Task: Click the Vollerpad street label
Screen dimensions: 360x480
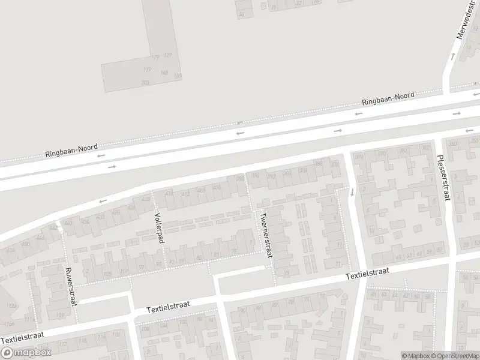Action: [x=160, y=226]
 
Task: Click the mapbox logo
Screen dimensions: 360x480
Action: [x=27, y=353]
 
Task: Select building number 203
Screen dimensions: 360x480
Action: [x=145, y=82]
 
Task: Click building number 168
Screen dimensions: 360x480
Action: [x=164, y=73]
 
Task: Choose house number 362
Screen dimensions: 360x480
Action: [x=425, y=147]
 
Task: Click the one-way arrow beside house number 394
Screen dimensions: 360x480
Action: [x=352, y=192]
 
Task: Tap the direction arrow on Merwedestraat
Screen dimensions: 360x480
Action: [x=452, y=56]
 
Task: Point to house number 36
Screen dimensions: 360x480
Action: [x=242, y=14]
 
